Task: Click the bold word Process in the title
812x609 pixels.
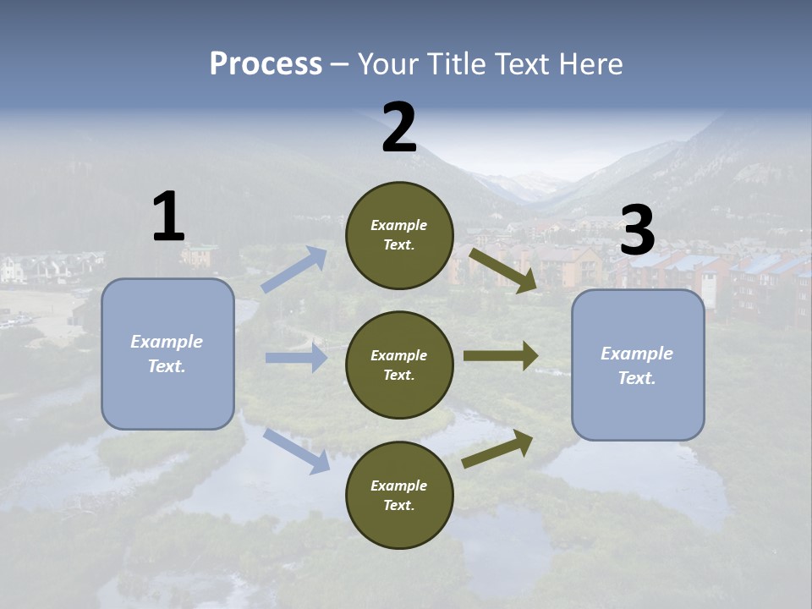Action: pos(266,64)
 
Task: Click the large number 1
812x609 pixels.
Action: pos(168,217)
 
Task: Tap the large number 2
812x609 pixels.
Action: pos(398,129)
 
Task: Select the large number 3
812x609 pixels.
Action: pos(637,231)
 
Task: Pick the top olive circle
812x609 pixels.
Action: pos(399,235)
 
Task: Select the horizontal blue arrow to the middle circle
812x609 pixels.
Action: pos(296,358)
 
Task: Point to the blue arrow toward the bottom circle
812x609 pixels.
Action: pos(296,450)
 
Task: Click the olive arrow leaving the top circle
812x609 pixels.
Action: pos(502,270)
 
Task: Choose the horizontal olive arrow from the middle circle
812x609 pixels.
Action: pos(500,356)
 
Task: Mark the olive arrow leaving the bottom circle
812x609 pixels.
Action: pos(497,449)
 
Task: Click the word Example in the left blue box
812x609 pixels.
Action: pos(167,342)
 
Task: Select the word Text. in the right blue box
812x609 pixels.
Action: pos(637,378)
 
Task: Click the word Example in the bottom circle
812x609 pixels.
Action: pos(399,486)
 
